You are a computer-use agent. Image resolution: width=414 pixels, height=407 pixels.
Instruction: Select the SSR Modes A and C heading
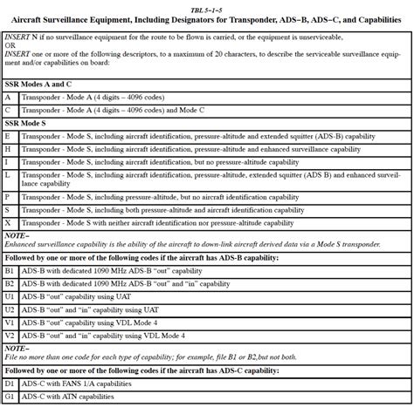(40, 85)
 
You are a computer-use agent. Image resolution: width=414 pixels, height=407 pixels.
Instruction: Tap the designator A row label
(8, 98)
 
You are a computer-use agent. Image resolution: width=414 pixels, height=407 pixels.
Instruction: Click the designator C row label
(8, 112)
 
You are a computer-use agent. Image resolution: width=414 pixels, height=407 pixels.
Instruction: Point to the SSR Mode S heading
(31, 125)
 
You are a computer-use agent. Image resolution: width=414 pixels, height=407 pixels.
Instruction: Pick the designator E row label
(8, 137)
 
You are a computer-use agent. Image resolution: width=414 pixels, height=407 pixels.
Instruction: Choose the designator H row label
(8, 150)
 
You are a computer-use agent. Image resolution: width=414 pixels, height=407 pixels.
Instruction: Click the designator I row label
(8, 162)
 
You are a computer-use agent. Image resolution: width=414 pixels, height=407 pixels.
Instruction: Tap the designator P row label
(8, 197)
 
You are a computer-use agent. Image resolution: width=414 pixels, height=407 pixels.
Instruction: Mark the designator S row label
(8, 210)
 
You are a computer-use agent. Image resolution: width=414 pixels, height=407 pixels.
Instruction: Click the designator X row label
(8, 223)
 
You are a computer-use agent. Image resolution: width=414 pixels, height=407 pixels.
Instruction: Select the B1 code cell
(10, 271)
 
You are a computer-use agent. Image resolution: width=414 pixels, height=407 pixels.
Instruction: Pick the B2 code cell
(10, 284)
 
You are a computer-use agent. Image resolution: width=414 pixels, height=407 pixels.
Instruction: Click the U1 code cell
(10, 297)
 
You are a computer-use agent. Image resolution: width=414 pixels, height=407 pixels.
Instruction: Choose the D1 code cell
(10, 384)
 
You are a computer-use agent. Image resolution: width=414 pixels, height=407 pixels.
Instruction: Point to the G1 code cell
(10, 397)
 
